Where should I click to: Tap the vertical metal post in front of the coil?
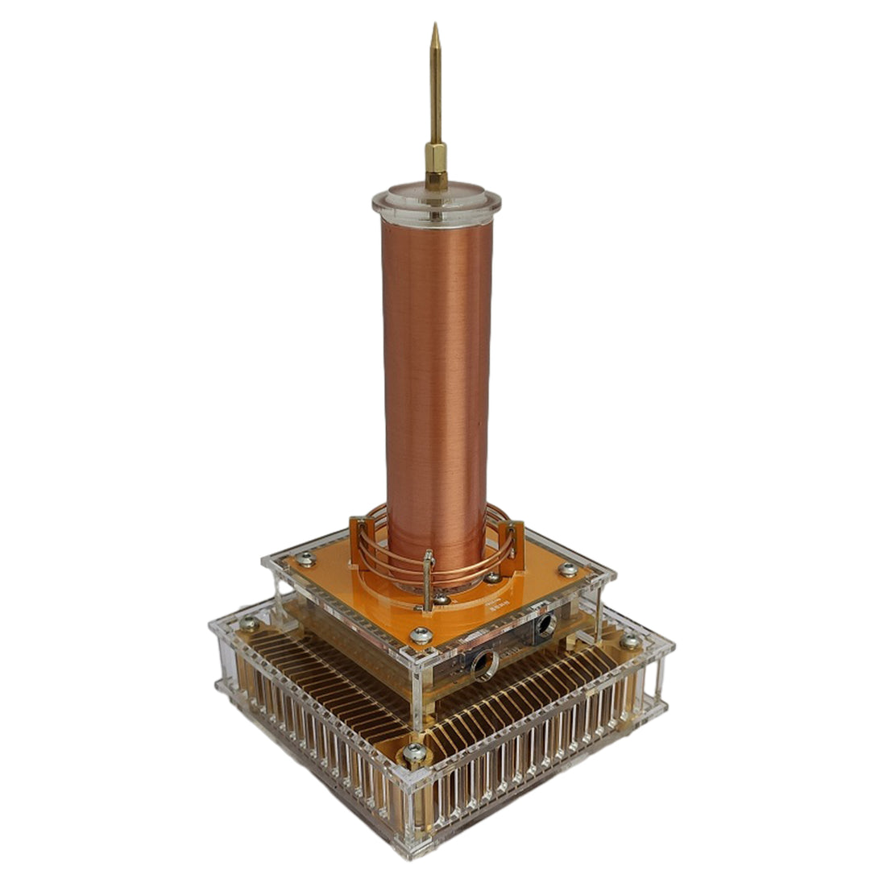click(429, 576)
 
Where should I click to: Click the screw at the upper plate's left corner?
click(305, 558)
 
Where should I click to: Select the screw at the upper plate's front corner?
click(421, 636)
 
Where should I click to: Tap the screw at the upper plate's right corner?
click(568, 569)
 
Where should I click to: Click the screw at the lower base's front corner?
click(415, 753)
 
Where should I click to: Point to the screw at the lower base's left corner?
click(249, 624)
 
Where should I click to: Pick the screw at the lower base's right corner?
click(631, 641)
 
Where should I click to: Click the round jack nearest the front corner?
click(485, 663)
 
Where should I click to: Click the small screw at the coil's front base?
click(441, 599)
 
